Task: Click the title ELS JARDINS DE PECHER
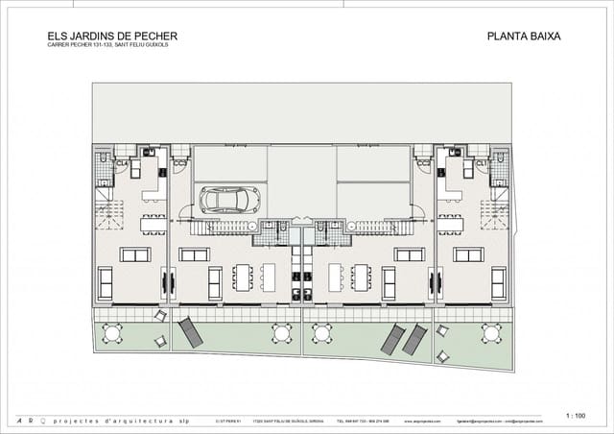point(111,36)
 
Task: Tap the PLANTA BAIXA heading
point(524,36)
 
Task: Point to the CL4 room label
point(122,164)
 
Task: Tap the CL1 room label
point(482,164)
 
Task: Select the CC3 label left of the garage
point(179,164)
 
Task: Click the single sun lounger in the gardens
point(189,333)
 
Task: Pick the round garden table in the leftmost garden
point(112,333)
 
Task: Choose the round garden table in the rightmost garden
point(491,333)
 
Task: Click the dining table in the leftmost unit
point(153,224)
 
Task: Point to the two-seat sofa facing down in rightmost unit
point(469,254)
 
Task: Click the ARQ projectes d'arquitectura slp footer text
point(96,421)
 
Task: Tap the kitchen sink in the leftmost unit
point(149,152)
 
